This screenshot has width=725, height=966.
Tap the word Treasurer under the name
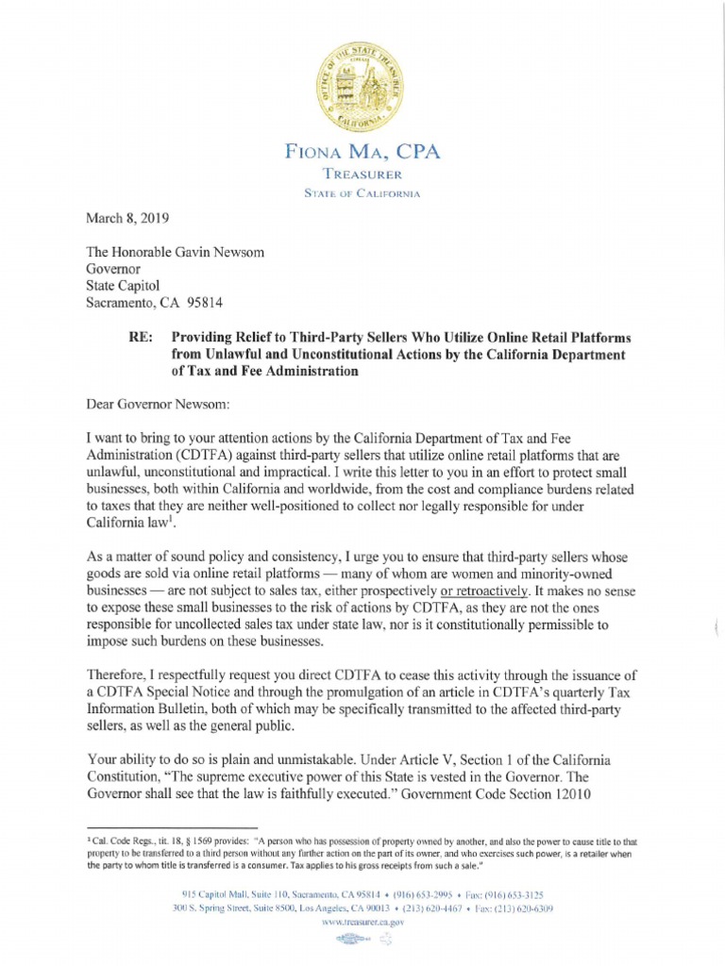tap(362, 175)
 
